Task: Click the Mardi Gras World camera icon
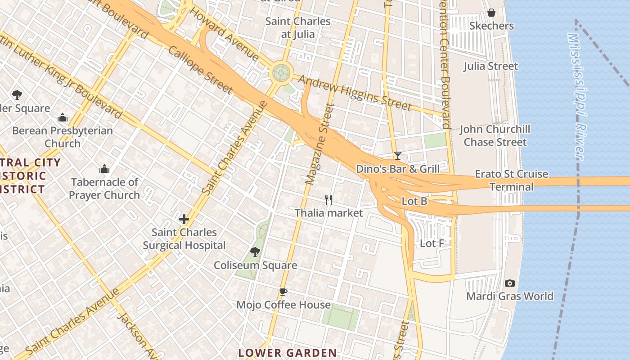(509, 283)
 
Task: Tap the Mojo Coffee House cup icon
(283, 292)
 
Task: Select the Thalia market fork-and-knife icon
(328, 199)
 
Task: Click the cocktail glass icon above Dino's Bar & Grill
(397, 156)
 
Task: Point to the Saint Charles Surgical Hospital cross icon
(184, 219)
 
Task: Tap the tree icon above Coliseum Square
(255, 252)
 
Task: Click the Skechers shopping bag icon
(491, 13)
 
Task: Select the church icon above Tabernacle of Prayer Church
(104, 169)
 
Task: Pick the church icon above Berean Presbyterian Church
(63, 118)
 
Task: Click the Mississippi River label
(576, 96)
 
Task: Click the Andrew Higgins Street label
(355, 93)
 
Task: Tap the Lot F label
(432, 243)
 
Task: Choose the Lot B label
(414, 201)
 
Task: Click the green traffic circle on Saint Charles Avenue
(281, 72)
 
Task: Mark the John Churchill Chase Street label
(495, 135)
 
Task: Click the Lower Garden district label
(287, 353)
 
